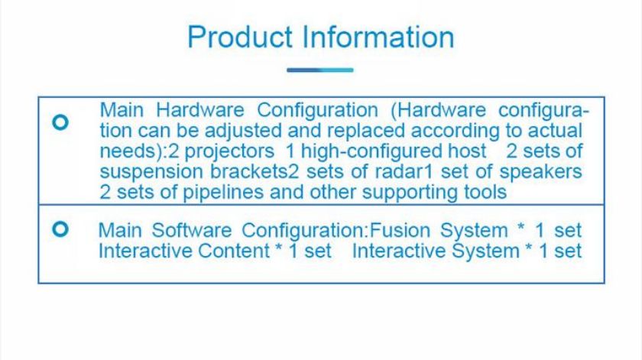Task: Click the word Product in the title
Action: [240, 37]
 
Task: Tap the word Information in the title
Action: [378, 37]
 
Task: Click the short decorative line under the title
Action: [319, 70]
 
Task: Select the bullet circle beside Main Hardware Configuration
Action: [60, 122]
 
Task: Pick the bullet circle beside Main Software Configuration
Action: [60, 229]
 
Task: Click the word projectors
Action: [229, 151]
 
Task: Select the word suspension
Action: [151, 172]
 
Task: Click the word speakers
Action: [540, 172]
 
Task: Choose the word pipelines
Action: [223, 192]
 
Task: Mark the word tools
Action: [485, 192]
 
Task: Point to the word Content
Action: [233, 251]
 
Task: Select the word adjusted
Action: [243, 131]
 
